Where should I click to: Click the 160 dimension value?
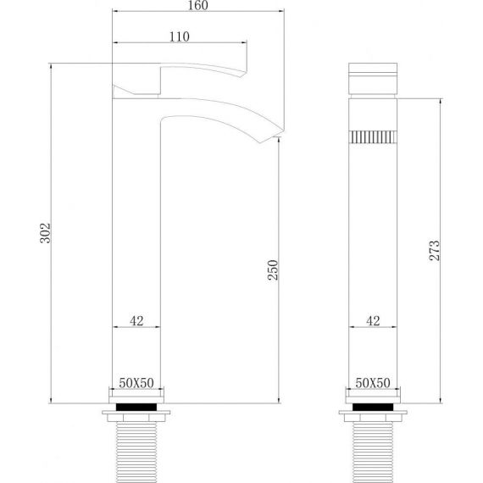pos(197,5)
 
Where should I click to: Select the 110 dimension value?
pos(180,37)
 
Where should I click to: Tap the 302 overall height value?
pos(45,233)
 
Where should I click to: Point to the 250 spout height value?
pos(273,270)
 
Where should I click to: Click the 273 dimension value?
pos(435,251)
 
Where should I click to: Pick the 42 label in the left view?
pos(136,321)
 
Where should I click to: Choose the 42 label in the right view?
pos(373,321)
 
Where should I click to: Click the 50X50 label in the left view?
pos(136,383)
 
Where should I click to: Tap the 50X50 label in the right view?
pos(373,383)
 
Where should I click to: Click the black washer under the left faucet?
pos(136,407)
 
